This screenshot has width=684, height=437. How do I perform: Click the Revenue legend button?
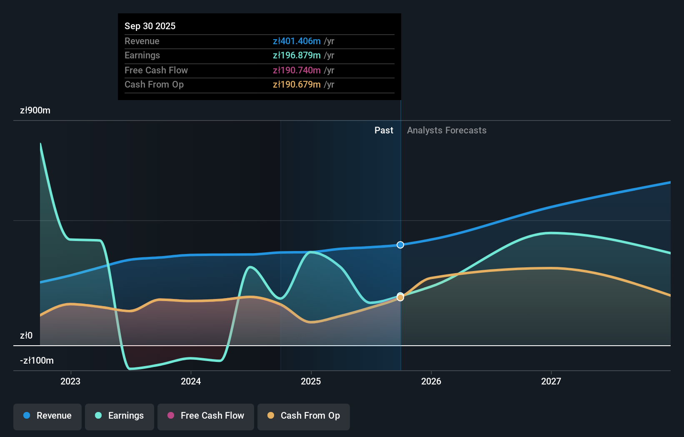coord(47,416)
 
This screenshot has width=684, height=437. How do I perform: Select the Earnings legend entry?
coord(120,416)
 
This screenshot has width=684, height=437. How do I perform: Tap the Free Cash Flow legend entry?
coord(206,416)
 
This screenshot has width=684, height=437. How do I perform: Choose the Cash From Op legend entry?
coord(304,416)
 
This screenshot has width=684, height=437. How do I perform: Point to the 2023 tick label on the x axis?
coord(70,381)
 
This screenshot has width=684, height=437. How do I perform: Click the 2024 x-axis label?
coord(191,381)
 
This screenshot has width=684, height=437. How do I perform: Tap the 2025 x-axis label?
coord(311,381)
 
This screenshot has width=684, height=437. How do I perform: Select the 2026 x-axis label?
coord(431,381)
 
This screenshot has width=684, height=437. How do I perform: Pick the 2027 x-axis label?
coord(551,381)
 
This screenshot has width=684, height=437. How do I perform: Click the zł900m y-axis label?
coord(35,111)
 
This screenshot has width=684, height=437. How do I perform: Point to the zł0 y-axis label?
coord(26,336)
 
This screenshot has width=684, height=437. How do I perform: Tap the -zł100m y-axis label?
coord(37,361)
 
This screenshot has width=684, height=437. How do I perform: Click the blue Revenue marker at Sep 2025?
coord(400,245)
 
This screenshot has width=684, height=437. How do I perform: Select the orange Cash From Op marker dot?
coord(400,298)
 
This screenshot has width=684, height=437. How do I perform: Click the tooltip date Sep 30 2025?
coord(150,26)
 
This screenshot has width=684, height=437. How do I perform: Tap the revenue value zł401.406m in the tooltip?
coord(297,41)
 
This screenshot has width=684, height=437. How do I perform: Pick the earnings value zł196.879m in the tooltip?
coord(297,55)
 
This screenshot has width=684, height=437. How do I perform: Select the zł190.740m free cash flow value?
coord(297,70)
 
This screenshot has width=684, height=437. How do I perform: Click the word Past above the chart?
coord(384,131)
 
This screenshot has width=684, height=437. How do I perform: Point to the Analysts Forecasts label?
coord(447,131)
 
